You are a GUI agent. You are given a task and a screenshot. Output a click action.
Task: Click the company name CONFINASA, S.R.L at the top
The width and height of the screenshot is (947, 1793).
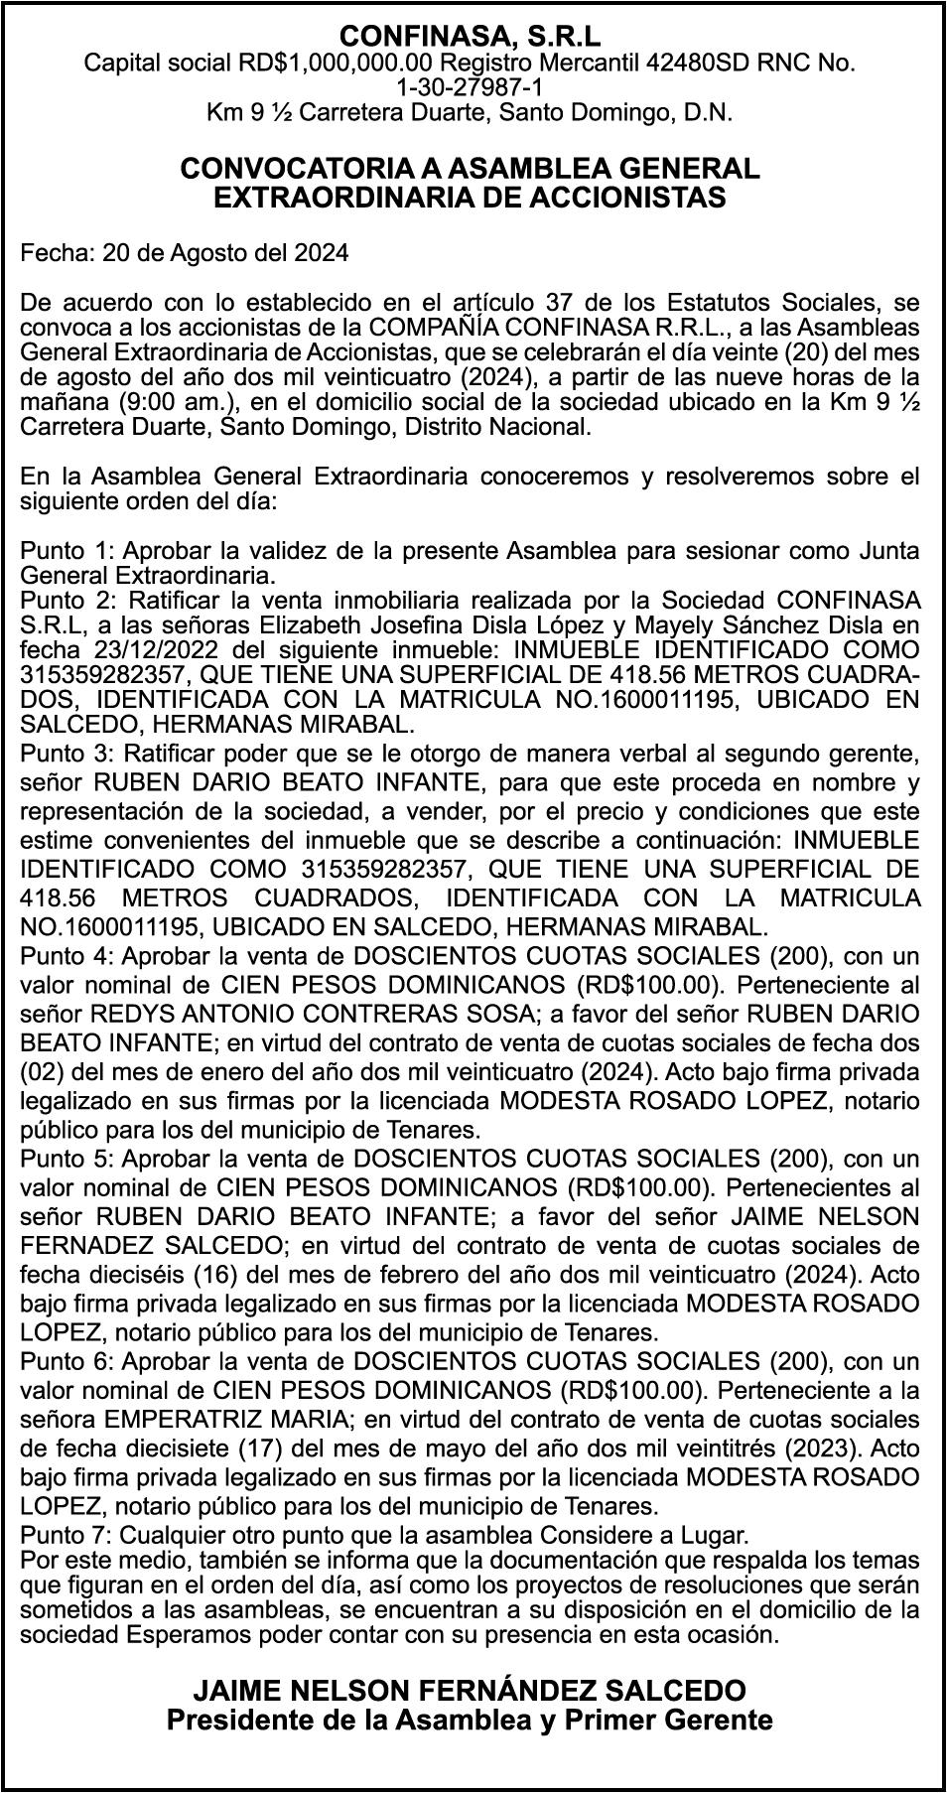click(471, 38)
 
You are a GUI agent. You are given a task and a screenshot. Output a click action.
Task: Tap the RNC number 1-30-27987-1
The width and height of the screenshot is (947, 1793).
click(471, 88)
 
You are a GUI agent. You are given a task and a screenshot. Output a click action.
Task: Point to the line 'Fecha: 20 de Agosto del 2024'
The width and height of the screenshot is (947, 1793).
click(185, 253)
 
